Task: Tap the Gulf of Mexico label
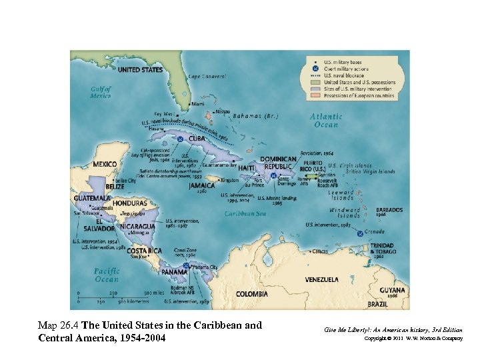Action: pos(101,92)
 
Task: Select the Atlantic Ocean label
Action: pos(326,120)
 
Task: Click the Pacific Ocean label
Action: pos(107,275)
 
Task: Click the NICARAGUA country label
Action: pos(138,226)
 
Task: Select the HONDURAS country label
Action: pos(129,203)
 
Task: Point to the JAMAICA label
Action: pos(201,185)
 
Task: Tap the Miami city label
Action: pos(198,104)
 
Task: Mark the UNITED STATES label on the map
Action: pos(140,69)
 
